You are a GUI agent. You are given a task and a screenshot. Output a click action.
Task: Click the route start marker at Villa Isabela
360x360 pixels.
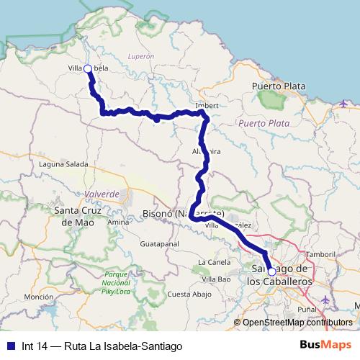point(87,68)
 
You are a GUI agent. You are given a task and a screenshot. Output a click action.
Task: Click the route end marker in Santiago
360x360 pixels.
point(271,271)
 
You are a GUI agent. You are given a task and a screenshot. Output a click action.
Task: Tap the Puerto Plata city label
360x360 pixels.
point(279,86)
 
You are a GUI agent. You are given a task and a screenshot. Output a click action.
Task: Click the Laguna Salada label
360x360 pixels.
point(64,165)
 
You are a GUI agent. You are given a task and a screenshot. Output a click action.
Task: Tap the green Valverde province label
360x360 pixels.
point(102,194)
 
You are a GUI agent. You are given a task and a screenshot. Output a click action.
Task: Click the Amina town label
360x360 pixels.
point(117,222)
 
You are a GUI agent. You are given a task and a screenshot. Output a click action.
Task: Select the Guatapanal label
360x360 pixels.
point(159,244)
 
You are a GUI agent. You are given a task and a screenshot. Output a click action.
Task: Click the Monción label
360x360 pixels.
point(39,297)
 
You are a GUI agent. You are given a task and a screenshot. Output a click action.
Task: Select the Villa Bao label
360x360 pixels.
point(216,278)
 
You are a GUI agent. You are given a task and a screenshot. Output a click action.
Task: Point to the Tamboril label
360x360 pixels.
point(320,255)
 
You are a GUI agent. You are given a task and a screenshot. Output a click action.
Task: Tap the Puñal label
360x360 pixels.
point(307,309)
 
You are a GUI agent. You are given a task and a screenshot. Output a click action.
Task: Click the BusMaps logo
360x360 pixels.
point(325,345)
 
